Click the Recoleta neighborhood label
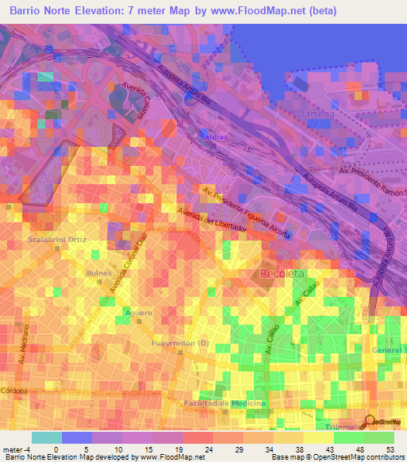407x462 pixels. tap(281, 274)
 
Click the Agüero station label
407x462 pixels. tap(138, 313)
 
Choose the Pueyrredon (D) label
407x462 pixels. tap(180, 343)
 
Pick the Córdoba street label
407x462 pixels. tap(14, 391)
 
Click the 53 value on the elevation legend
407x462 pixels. tap(390, 449)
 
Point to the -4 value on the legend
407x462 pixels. tap(29, 449)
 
